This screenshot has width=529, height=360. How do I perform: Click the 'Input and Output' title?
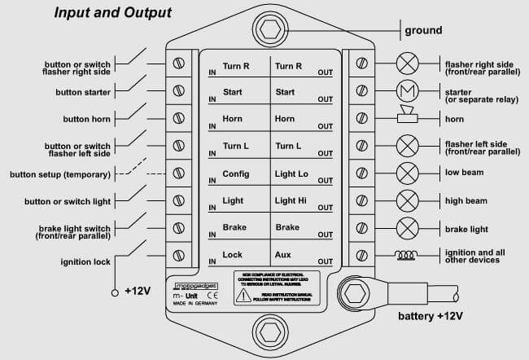pos(113,13)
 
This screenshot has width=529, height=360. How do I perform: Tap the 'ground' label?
pos(423,30)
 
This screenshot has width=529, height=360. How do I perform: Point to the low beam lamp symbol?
pos(406,173)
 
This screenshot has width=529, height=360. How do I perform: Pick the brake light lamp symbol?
pos(406,228)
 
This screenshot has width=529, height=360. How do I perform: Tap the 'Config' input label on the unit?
pos(236,174)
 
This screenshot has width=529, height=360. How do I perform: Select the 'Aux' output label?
pos(283,255)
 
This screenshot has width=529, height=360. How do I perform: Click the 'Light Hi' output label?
pos(291,201)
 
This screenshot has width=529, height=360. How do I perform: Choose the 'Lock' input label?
pos(233,255)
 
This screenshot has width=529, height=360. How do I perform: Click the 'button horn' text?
pos(90,119)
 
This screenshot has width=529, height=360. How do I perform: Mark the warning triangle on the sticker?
pos(243,297)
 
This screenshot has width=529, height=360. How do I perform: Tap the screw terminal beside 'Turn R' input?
pos(178,63)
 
